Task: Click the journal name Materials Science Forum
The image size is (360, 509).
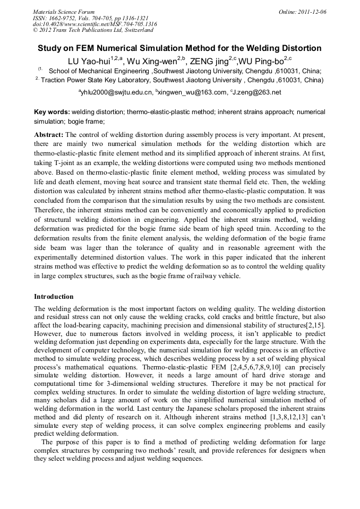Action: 64,11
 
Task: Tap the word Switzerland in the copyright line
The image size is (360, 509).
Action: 135,30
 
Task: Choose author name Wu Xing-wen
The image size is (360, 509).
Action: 151,61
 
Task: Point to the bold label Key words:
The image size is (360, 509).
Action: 52,112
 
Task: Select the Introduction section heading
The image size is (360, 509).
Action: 54,296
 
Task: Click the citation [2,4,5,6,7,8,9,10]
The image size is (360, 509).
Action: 262,367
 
